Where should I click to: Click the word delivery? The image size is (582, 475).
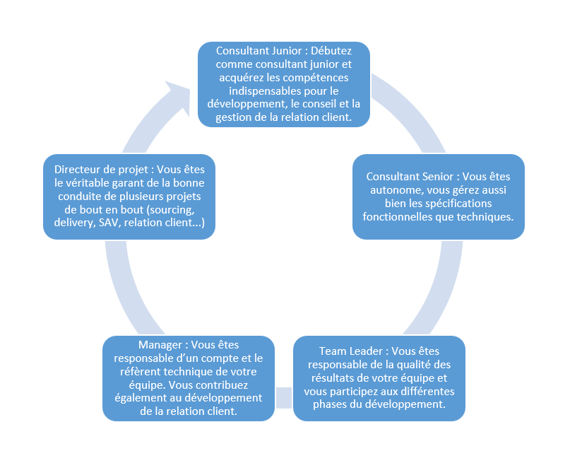pyautogui.click(x=71, y=223)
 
